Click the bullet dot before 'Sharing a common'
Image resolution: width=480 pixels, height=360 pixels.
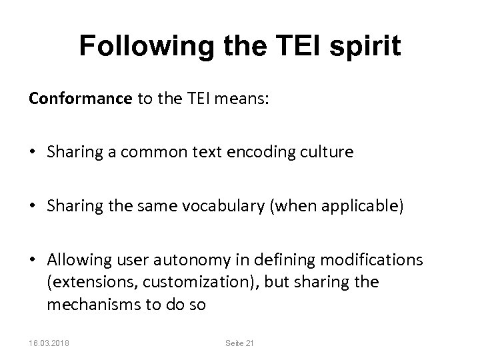[x=33, y=152]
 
